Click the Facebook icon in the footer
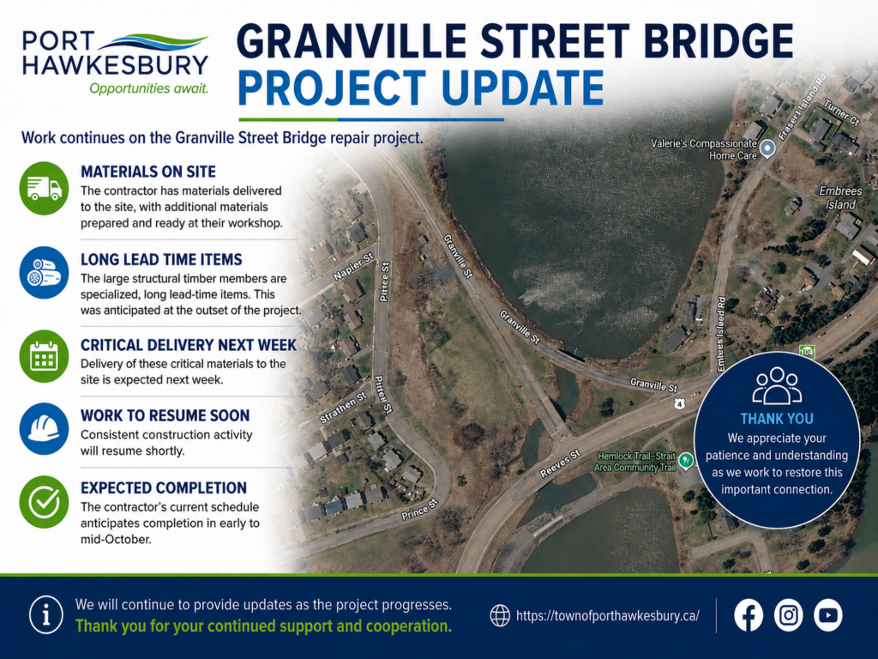749,615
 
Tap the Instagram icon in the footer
789,615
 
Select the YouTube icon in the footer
828,615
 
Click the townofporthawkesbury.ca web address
608,616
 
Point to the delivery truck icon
45,188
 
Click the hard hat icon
45,429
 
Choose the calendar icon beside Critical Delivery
45,356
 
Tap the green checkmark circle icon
45,502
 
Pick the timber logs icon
45,273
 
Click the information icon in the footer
46,614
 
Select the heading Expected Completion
164,488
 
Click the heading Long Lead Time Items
161,259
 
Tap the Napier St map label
353,267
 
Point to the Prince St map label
419,509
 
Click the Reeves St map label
560,463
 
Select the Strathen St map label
343,408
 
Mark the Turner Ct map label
841,112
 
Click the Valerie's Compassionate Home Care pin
767,148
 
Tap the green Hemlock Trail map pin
686,462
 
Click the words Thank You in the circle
777,419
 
